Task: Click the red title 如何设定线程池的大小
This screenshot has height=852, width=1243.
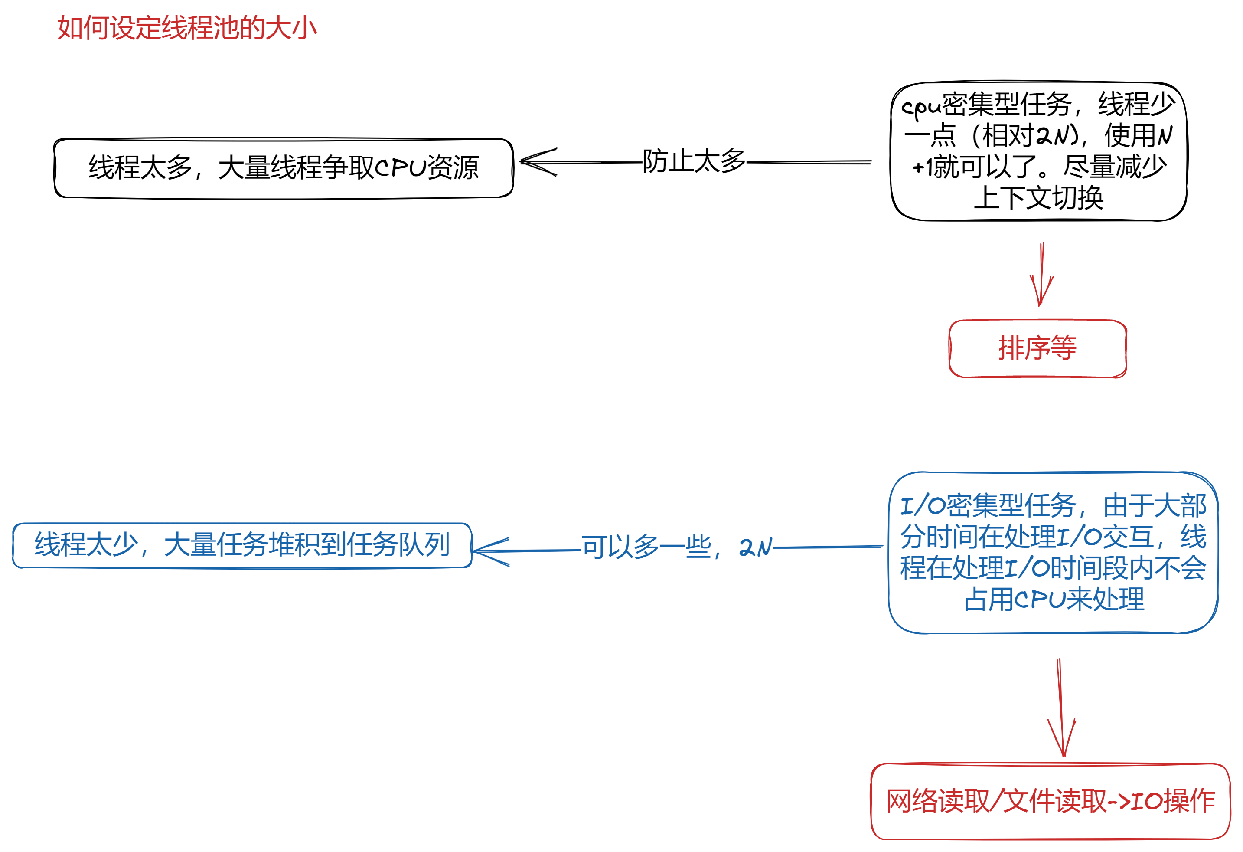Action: [x=187, y=28]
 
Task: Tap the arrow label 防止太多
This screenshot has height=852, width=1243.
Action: [x=694, y=161]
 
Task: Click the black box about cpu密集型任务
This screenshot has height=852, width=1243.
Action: [x=1039, y=151]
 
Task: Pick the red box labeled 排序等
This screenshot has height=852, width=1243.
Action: [x=1037, y=348]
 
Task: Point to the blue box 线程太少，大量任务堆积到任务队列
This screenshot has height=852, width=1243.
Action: [x=242, y=545]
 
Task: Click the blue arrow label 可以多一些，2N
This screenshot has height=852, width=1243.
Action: [x=677, y=547]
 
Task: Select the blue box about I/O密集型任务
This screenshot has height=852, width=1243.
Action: [x=1053, y=553]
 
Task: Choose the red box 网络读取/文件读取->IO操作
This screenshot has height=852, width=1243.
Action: [x=1051, y=801]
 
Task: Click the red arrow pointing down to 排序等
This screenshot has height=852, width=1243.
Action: [x=1041, y=274]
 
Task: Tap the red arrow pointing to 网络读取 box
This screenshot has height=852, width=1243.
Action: [x=1061, y=708]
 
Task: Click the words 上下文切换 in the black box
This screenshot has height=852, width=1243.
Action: [x=1039, y=197]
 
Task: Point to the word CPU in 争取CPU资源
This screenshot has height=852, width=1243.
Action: [x=400, y=168]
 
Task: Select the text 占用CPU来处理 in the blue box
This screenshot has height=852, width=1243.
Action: [x=1054, y=599]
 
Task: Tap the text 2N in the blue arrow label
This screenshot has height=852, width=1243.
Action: [x=756, y=547]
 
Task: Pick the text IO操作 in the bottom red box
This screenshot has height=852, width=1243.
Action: [x=1173, y=801]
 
